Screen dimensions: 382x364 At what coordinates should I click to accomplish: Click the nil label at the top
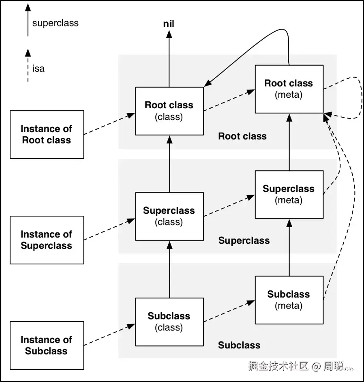coord(169,24)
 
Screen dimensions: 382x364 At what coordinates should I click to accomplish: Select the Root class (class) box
coord(169,111)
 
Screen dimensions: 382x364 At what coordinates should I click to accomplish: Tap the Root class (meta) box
coord(289,89)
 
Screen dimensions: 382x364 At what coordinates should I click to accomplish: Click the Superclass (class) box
coord(169,216)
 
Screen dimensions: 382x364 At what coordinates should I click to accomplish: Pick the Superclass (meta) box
coord(289,194)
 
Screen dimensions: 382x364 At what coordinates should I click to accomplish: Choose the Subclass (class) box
coord(169,322)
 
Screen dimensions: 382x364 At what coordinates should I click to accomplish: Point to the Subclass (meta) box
coord(289,300)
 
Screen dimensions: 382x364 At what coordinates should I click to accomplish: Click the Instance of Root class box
coord(47,134)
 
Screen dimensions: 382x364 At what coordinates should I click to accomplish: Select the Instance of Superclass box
coord(47,240)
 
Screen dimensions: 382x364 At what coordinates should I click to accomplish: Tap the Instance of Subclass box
coord(47,345)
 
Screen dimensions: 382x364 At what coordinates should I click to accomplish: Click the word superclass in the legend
coord(56,23)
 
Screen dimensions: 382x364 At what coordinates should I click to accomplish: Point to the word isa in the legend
coord(39,69)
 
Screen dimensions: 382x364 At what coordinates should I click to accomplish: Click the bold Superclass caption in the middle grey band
coord(244,240)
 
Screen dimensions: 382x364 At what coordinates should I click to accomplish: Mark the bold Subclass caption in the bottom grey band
coord(239,345)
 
